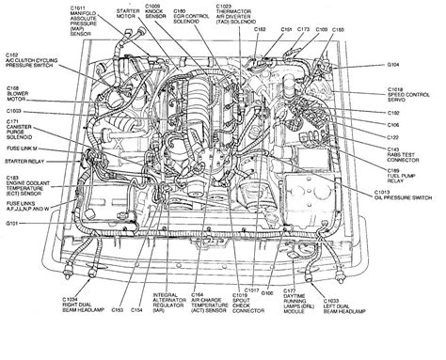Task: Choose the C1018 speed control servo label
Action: coord(407,96)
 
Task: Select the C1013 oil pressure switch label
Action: coord(410,197)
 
